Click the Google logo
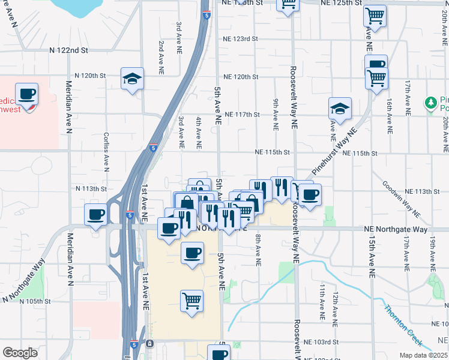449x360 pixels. [x=20, y=353]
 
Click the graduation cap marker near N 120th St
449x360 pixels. [x=132, y=79]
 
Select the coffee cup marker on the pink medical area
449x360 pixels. [x=26, y=94]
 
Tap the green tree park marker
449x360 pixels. [x=430, y=103]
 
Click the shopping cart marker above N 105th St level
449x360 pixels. [x=191, y=301]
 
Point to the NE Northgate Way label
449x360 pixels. [x=396, y=229]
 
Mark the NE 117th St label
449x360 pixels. [x=242, y=114]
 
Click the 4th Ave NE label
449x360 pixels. [x=198, y=133]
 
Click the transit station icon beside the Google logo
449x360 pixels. [x=149, y=344]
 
